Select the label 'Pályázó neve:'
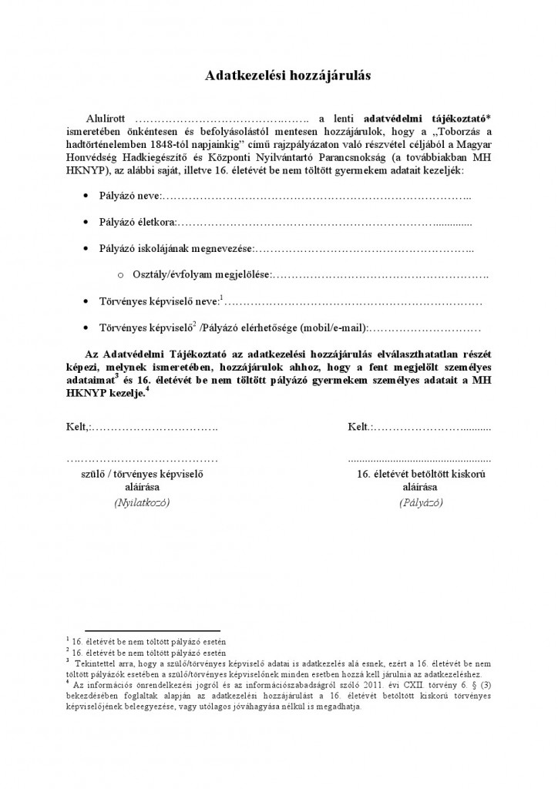[126, 197]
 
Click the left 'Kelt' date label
[77, 426]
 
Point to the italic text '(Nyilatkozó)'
[141, 502]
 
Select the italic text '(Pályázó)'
[420, 502]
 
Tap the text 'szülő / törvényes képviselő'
[141, 473]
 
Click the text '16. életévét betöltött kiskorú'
[420, 473]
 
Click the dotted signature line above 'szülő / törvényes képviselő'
[141, 459]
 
